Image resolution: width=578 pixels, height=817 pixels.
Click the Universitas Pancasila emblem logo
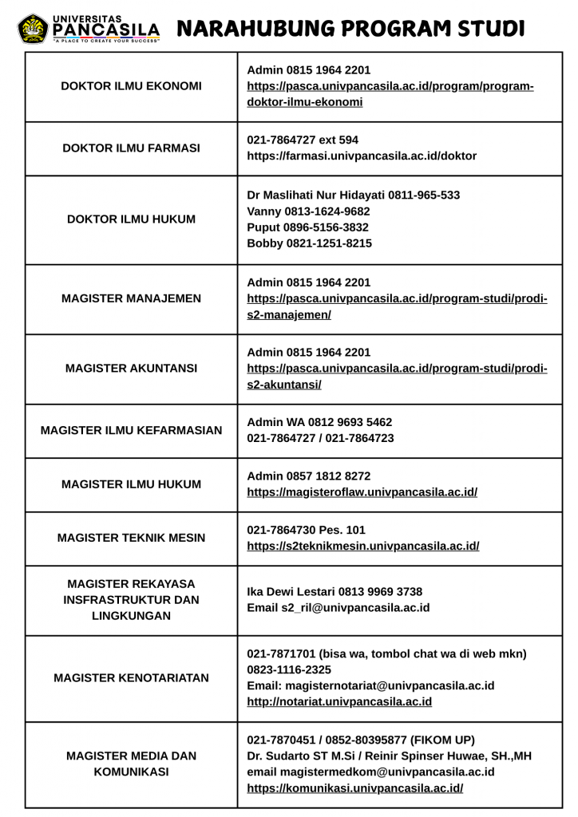(x=32, y=29)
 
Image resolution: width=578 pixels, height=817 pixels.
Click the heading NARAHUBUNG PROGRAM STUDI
(x=350, y=29)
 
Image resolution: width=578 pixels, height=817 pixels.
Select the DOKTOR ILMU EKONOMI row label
(x=131, y=86)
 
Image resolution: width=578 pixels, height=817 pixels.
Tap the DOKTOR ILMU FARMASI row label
(x=131, y=148)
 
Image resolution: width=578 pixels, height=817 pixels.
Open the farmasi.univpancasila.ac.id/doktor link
(x=362, y=156)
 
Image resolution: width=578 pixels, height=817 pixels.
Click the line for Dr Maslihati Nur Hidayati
(x=353, y=195)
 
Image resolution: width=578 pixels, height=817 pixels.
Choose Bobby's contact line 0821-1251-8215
(x=309, y=243)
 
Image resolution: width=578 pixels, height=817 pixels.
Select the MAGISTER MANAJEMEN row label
(x=131, y=298)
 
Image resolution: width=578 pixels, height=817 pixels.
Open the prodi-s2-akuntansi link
(x=397, y=377)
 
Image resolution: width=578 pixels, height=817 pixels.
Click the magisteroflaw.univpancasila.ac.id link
(x=362, y=492)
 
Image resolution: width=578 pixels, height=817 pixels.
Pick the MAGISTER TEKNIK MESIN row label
(x=131, y=538)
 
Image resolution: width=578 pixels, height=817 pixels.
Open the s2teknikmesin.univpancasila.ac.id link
(x=362, y=546)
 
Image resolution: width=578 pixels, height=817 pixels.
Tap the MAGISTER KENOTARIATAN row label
(x=131, y=678)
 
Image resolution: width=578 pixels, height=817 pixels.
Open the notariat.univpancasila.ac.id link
(x=339, y=702)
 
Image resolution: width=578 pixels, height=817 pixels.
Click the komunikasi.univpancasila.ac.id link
(x=354, y=788)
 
